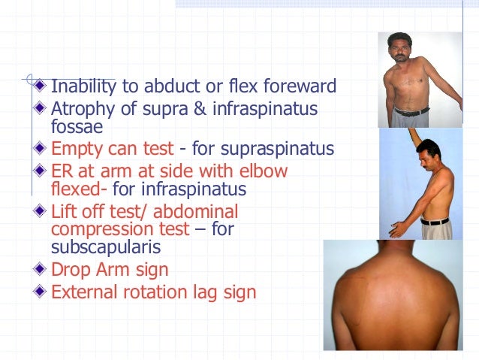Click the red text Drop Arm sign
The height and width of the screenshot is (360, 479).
coord(110,268)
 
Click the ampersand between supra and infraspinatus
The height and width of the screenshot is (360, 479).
coord(199,110)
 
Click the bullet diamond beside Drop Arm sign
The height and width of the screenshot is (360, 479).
coord(43,268)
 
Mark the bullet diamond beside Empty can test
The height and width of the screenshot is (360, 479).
coord(43,147)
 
